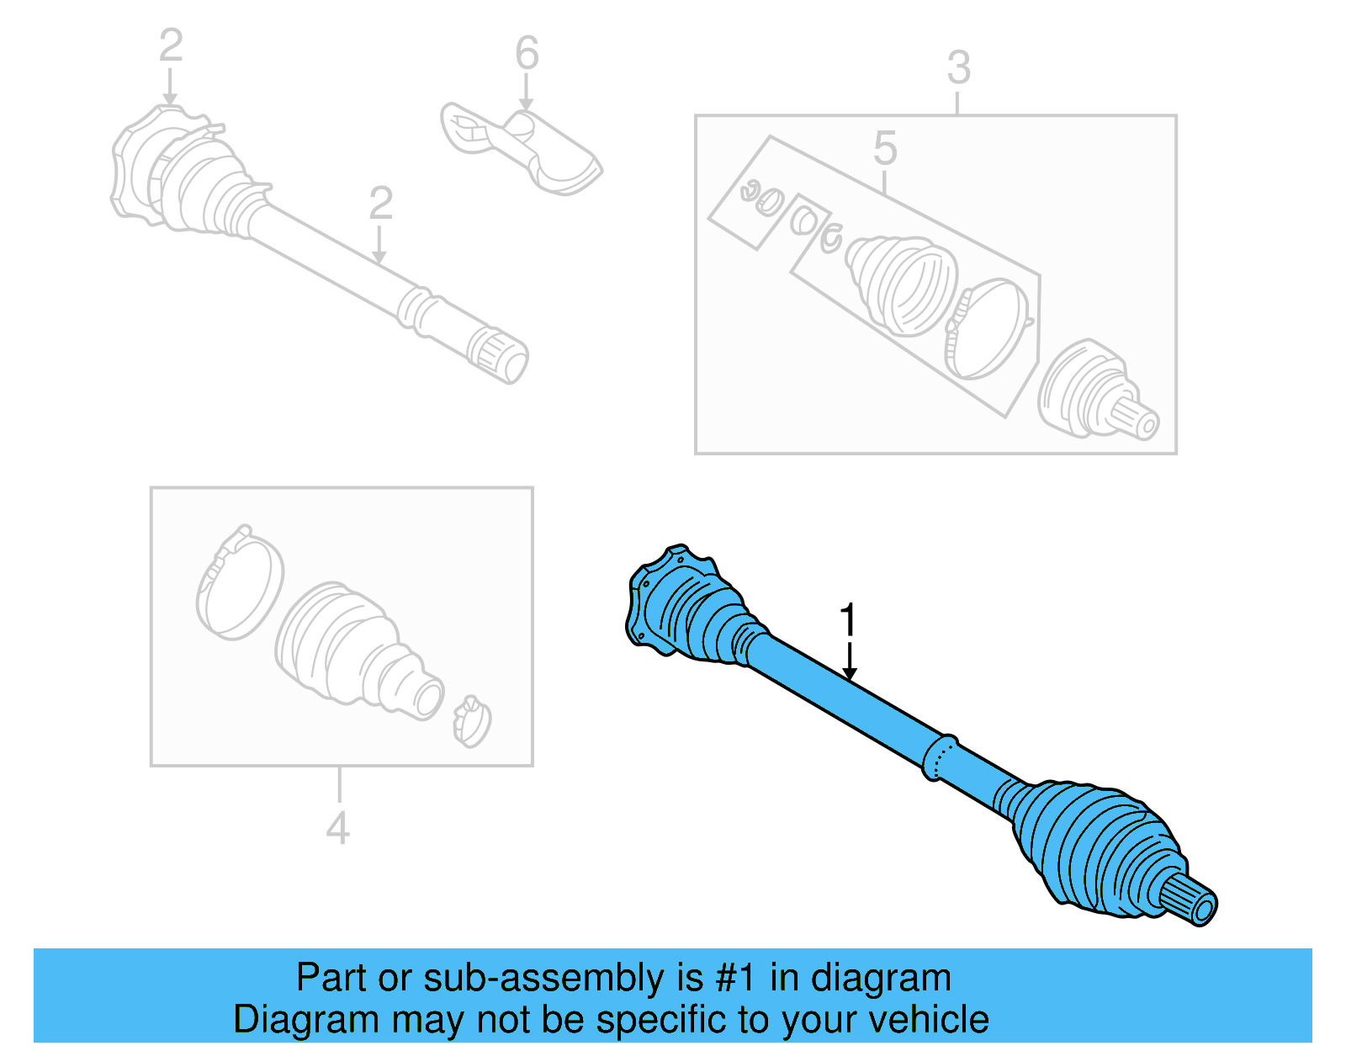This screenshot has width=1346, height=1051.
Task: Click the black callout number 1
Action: tap(848, 620)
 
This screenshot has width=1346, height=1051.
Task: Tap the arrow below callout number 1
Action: tap(850, 661)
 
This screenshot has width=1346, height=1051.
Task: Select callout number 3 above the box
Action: tap(958, 68)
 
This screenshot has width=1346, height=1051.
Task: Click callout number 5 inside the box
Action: tap(885, 148)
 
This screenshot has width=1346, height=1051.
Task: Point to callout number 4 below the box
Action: tap(337, 828)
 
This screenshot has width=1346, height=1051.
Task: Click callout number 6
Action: tap(527, 54)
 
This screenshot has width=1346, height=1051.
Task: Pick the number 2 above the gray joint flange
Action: tap(171, 45)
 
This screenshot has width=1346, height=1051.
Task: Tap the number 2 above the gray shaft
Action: tap(380, 204)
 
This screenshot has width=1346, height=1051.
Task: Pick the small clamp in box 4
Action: tap(471, 722)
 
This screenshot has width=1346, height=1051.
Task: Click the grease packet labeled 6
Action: tap(522, 147)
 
